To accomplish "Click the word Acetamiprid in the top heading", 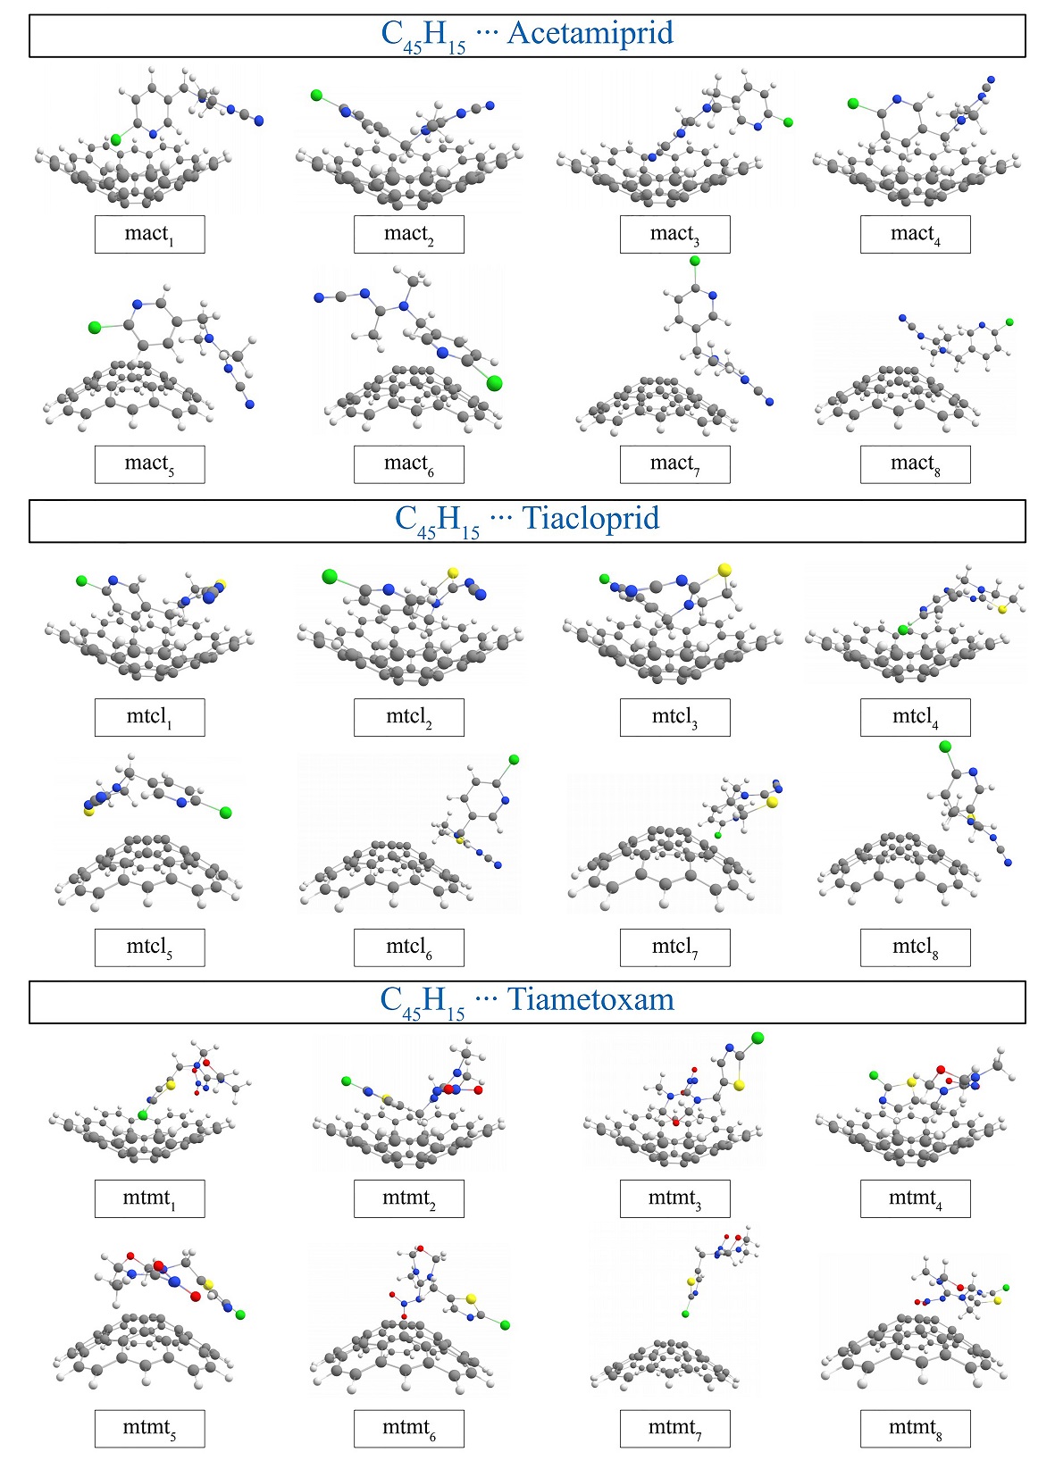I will [x=590, y=34].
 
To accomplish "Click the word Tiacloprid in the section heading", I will [x=590, y=519].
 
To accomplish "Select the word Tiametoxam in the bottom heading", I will [x=590, y=1000].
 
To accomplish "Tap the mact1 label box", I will [x=149, y=234].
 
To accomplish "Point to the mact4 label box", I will [x=915, y=234].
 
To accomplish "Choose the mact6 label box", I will [x=408, y=463].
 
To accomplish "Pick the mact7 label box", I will [x=674, y=463].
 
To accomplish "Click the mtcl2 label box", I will [x=408, y=717].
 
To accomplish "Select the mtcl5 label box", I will [x=149, y=947].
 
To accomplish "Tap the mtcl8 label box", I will [x=915, y=947].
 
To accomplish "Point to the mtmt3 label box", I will [x=674, y=1198].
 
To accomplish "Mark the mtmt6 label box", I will [x=408, y=1428].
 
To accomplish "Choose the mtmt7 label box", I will [x=674, y=1428].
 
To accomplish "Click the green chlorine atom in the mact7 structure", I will [x=694, y=262].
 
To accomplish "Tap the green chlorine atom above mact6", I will [x=494, y=383].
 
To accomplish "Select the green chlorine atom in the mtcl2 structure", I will [x=330, y=577].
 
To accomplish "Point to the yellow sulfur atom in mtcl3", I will [x=724, y=569].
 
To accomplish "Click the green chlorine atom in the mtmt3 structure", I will [x=758, y=1038].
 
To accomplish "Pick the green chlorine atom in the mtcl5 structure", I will [x=225, y=813].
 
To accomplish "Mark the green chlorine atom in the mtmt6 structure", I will [x=505, y=1325].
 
